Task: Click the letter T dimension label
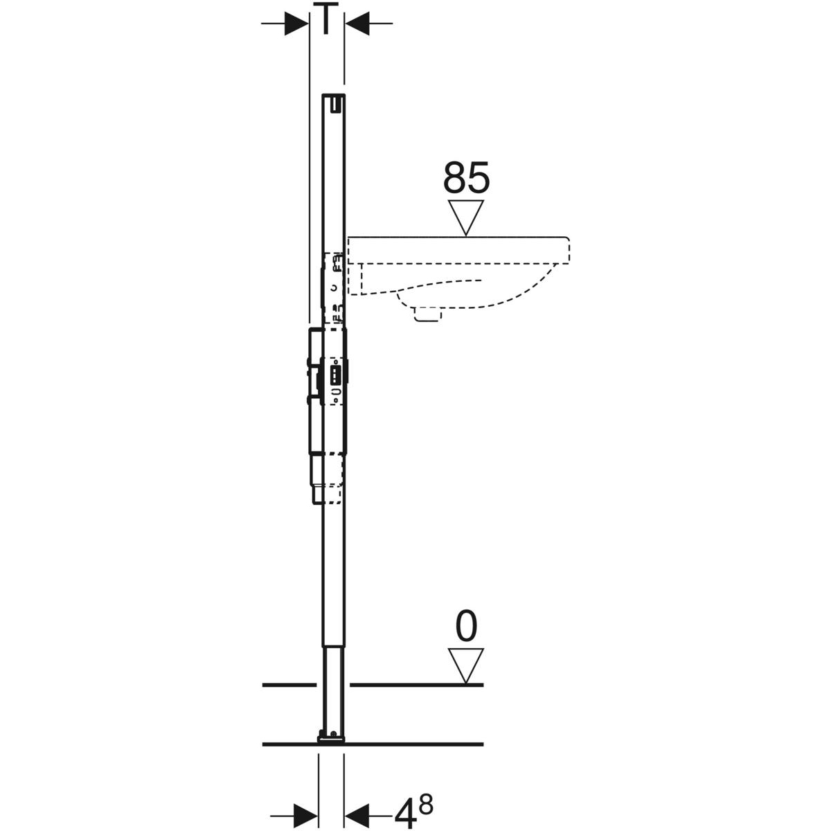point(326,18)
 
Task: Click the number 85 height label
point(466,177)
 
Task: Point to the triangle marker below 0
point(466,666)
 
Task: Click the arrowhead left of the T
point(296,24)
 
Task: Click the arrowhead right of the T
point(357,24)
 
